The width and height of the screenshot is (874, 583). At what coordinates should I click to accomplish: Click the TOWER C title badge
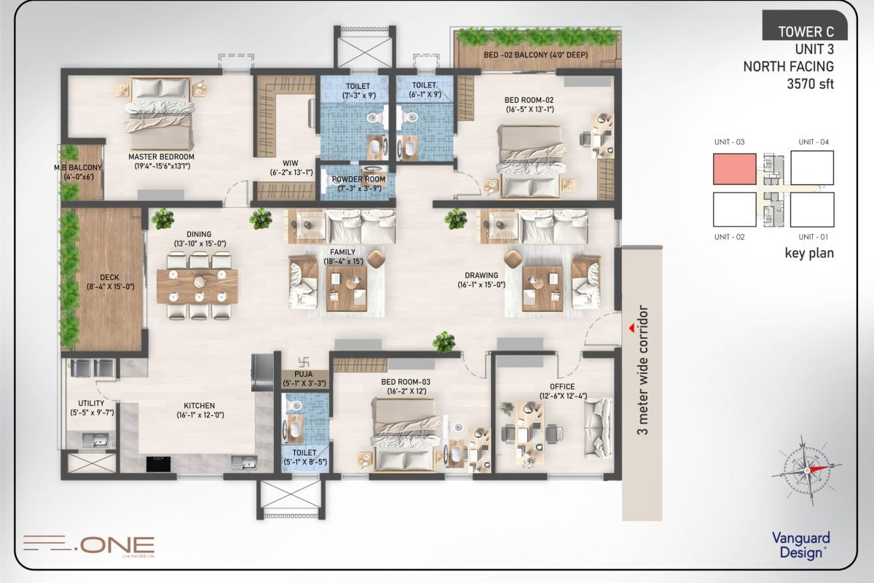pos(805,26)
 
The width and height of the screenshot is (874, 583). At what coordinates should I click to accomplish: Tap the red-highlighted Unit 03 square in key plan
pos(735,168)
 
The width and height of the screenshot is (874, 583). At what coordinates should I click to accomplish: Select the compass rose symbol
pos(806,470)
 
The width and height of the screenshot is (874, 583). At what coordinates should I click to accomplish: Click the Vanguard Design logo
pos(801,545)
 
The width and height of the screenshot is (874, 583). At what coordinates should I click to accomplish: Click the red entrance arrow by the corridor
pos(631,329)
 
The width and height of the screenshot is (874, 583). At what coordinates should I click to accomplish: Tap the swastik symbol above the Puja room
pos(304,362)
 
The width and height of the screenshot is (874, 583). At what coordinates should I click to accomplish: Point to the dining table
pos(197,286)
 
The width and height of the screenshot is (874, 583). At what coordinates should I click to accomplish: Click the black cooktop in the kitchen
pos(159,464)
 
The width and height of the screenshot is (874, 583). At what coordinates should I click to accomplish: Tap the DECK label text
pos(109,277)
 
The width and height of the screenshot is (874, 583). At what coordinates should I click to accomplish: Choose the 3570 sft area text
pos(810,84)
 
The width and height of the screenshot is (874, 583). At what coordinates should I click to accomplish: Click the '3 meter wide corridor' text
pos(642,369)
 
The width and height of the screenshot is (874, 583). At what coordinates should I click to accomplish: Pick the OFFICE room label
pos(562,386)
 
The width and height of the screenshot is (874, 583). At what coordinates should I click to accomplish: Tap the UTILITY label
pos(91,403)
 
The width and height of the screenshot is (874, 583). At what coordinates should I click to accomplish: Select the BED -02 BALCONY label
pos(535,55)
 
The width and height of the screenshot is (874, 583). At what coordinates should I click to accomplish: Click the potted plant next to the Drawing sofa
pos(455,219)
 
